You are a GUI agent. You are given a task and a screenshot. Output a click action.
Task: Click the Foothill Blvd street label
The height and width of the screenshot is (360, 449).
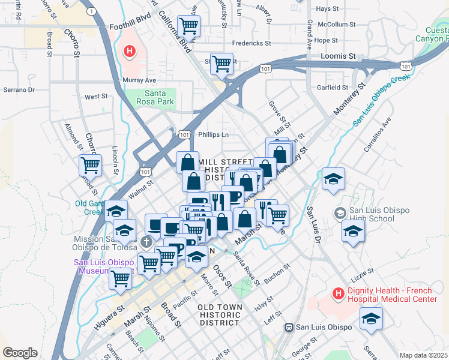click(129, 26)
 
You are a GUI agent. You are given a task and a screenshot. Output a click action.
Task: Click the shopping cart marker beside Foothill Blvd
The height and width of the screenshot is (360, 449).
click(189, 26)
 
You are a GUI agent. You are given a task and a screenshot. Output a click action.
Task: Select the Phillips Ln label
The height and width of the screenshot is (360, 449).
click(213, 135)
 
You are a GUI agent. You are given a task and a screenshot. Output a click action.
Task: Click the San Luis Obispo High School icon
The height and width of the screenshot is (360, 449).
click(340, 213)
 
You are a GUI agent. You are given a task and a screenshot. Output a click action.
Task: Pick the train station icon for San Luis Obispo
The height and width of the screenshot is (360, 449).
click(289, 328)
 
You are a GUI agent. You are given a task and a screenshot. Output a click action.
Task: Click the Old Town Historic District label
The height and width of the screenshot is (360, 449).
click(220, 314)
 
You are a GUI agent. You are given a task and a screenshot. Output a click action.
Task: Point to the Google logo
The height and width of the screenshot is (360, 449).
click(20, 353)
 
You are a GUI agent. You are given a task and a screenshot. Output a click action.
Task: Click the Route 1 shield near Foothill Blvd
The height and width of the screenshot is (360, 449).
click(91, 11)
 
